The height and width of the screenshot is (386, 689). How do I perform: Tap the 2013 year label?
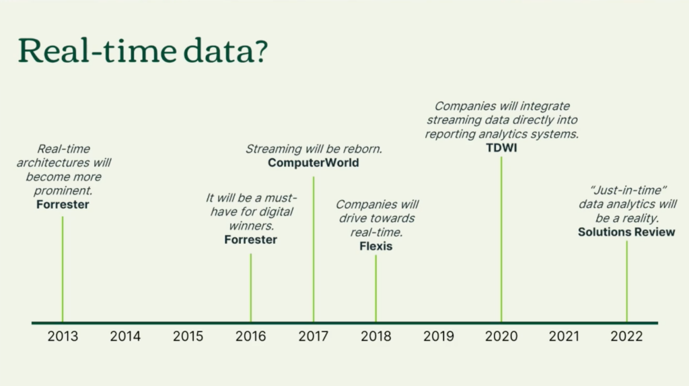pyautogui.click(x=63, y=336)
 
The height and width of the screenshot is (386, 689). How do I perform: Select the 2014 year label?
pyautogui.click(x=125, y=336)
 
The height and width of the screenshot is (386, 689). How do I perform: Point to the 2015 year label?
pyautogui.click(x=188, y=336)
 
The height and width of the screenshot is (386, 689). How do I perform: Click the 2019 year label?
pyautogui.click(x=439, y=336)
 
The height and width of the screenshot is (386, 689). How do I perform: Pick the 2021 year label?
pyautogui.click(x=564, y=336)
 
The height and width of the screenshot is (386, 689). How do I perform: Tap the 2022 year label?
pyautogui.click(x=626, y=336)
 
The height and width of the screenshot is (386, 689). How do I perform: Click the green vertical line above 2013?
pyautogui.click(x=63, y=269)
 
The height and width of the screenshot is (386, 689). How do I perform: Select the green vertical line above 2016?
pyautogui.click(x=251, y=288)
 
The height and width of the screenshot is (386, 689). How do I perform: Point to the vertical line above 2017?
pyautogui.click(x=314, y=249)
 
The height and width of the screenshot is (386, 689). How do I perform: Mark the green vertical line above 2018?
pyautogui.click(x=376, y=288)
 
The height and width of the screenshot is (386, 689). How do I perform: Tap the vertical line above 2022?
pyautogui.click(x=627, y=282)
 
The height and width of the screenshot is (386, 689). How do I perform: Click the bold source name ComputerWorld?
pyautogui.click(x=313, y=163)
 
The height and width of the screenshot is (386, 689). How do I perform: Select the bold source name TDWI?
pyautogui.click(x=501, y=148)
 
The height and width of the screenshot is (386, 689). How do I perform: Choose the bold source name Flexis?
pyautogui.click(x=376, y=247)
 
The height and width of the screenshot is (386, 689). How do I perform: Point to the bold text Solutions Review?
pyautogui.click(x=626, y=232)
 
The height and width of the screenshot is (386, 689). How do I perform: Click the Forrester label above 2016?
pyautogui.click(x=250, y=240)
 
